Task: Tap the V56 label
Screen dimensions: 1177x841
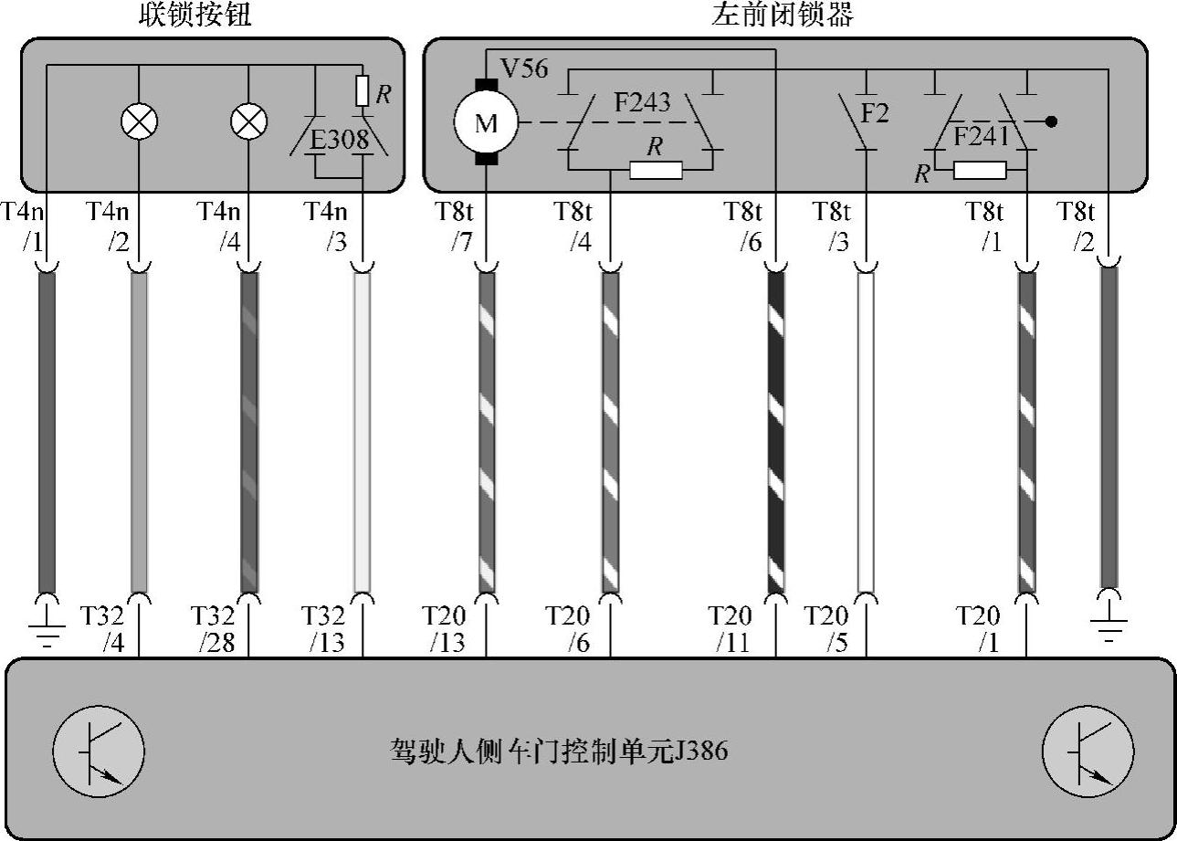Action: tap(524, 68)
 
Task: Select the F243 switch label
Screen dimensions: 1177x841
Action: tap(641, 102)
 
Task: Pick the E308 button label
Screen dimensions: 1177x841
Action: tap(340, 140)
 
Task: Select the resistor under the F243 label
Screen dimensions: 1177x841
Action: tap(655, 170)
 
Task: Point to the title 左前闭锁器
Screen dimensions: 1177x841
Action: tap(783, 16)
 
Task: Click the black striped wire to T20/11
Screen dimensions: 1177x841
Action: tap(776, 429)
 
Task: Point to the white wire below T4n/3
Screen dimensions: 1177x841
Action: tap(363, 429)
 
